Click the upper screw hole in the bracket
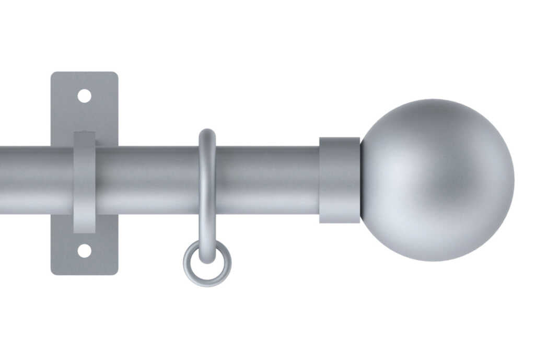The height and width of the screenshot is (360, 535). coord(84,96)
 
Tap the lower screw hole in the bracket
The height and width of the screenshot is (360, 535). coord(84,251)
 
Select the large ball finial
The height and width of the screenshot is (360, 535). coord(437,180)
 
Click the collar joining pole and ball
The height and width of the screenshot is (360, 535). coord(340,180)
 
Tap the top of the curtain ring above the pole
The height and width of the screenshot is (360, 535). coord(207,135)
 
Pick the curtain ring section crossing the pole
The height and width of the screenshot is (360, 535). coord(207,180)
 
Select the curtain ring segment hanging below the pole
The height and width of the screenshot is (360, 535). coord(207,230)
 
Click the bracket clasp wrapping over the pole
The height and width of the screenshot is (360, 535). coord(84,180)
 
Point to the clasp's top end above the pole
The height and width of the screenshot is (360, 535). coord(84,138)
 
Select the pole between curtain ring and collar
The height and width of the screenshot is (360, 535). coord(266,180)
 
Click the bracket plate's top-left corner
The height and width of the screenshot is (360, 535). coord(53,75)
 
